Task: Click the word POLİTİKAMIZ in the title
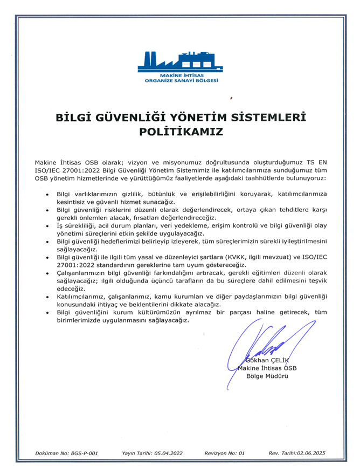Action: pyautogui.click(x=181, y=131)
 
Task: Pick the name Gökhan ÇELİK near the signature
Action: pyautogui.click(x=267, y=361)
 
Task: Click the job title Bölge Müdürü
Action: pyautogui.click(x=268, y=376)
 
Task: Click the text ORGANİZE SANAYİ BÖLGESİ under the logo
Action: pyautogui.click(x=181, y=80)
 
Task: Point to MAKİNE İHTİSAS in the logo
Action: pyautogui.click(x=181, y=75)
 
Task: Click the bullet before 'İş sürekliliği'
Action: pyautogui.click(x=48, y=226)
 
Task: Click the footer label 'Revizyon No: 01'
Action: pyautogui.click(x=225, y=454)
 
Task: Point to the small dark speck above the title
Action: pyautogui.click(x=231, y=98)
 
